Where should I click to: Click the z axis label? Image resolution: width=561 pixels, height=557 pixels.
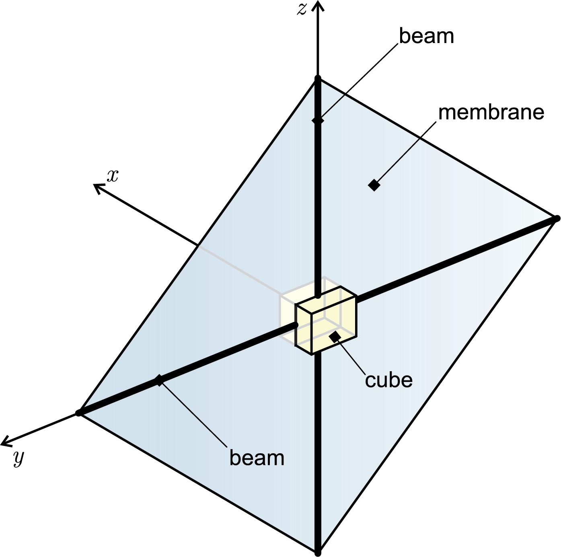pos(302,9)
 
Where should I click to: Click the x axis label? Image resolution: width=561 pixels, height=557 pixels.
pos(113,176)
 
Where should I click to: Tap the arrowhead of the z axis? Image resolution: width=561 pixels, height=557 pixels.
pos(318,5)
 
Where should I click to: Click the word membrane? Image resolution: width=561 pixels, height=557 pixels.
pos(491,113)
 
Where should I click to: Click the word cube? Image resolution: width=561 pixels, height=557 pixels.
pos(388,380)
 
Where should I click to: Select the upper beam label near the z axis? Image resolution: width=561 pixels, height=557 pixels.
pos(426,36)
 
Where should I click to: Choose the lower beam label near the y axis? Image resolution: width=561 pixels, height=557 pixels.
pos(257,458)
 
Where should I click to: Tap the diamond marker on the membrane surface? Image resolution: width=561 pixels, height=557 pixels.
pos(374,185)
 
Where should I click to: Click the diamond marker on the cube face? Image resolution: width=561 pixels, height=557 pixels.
pos(335,336)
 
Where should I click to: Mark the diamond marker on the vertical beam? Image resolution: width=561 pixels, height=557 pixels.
pos(318,120)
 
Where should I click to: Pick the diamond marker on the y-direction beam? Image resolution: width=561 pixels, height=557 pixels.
pos(159,380)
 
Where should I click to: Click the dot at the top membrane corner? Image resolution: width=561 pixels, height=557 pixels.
pos(318,78)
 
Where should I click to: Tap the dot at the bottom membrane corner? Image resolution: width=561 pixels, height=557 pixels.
pos(318,553)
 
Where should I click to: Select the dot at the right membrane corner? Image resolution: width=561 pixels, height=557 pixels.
pos(557,218)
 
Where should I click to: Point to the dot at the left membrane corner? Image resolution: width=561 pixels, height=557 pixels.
pos(79,413)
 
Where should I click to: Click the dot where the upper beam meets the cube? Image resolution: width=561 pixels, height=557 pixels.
pos(318,296)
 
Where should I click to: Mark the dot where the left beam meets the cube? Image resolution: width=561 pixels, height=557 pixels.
pos(296,325)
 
